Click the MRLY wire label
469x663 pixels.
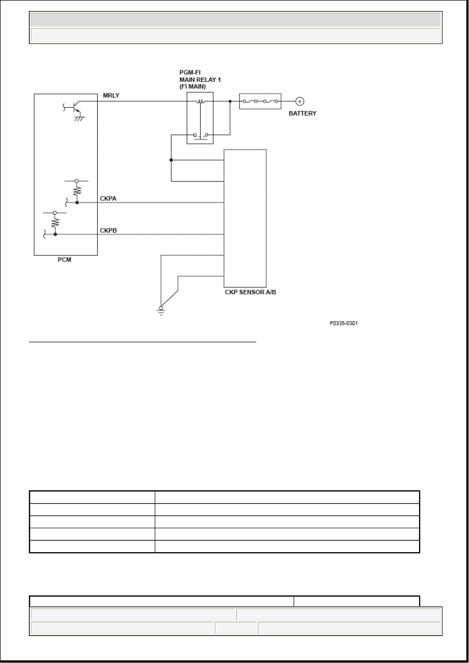point(111,96)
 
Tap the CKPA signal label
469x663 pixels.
point(108,198)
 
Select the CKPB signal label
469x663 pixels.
point(108,230)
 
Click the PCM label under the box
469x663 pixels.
point(64,259)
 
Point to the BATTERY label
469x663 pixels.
point(303,113)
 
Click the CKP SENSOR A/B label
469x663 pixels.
point(250,292)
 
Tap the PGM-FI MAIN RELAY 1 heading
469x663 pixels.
point(200,79)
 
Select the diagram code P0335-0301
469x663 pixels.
point(343,323)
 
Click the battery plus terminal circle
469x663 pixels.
point(300,101)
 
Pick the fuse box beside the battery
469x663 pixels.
point(260,101)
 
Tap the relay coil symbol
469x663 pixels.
point(200,101)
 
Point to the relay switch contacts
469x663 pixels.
point(201,136)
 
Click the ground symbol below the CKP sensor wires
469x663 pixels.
point(161,311)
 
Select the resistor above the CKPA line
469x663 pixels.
point(77,191)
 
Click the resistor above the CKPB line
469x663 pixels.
point(55,222)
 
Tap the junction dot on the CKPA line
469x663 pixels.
point(77,203)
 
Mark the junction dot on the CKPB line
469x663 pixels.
point(55,235)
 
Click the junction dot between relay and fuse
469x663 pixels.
point(230,101)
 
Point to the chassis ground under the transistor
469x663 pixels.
point(79,119)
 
